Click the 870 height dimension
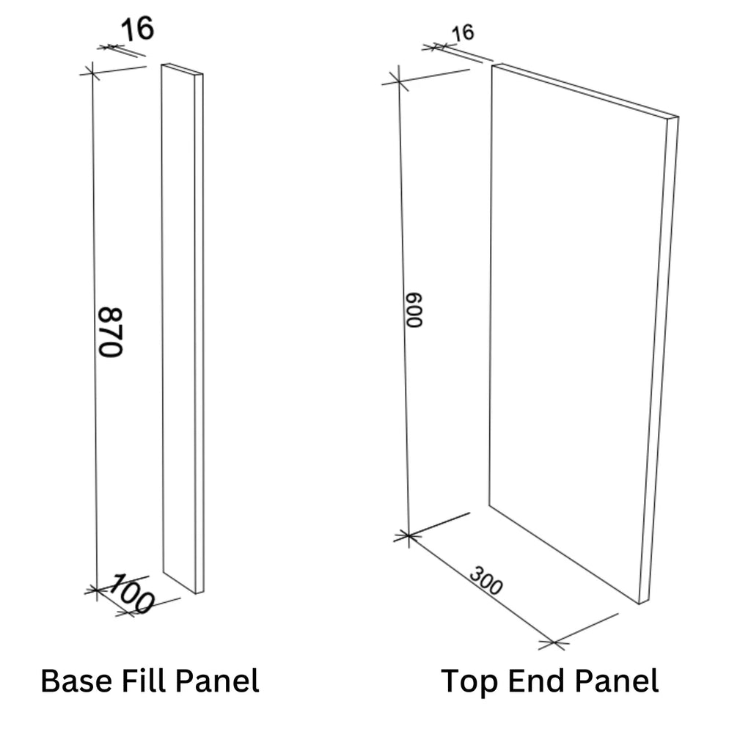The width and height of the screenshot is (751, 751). [x=111, y=331]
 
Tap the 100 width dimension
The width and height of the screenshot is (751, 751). [x=132, y=595]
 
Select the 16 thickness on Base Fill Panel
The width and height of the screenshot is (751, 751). [x=136, y=30]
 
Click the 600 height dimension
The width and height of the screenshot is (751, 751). [x=414, y=311]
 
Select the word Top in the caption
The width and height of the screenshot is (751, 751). [x=468, y=681]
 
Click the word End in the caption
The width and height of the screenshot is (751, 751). [x=534, y=681]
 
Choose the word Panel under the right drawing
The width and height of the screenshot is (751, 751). [x=616, y=681]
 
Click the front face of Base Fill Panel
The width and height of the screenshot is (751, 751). [x=178, y=323]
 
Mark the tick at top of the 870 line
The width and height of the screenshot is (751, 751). [x=92, y=71]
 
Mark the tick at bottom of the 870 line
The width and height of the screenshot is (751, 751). [x=95, y=589]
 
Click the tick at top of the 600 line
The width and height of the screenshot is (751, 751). [x=398, y=80]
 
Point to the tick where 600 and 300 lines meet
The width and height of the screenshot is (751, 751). [x=408, y=537]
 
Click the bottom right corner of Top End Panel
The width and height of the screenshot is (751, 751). [x=640, y=603]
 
